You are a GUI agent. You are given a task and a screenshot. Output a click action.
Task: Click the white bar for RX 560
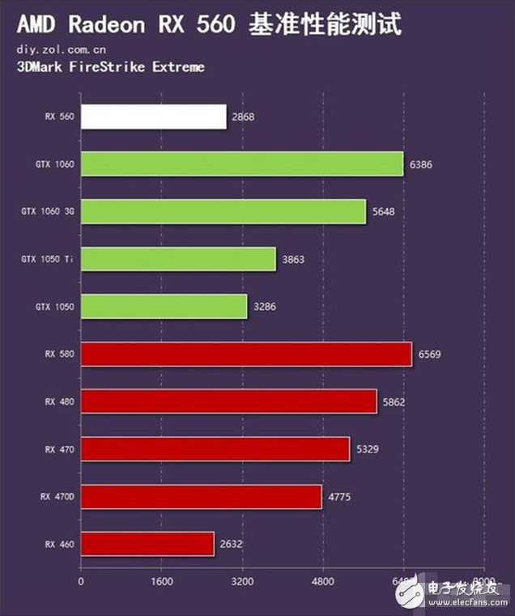click(154, 117)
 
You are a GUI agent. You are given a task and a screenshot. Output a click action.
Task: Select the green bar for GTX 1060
click(242, 164)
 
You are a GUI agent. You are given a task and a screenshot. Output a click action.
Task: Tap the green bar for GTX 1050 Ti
click(178, 259)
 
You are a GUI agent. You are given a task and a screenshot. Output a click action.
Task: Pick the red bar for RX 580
click(246, 354)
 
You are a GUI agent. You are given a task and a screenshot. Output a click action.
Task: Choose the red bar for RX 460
click(147, 544)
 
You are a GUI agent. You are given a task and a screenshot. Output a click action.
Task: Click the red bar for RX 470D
click(202, 496)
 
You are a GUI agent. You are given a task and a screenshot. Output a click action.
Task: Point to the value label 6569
click(430, 354)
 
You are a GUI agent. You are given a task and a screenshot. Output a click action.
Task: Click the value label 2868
click(243, 117)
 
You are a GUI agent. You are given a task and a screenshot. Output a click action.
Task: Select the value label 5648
click(384, 211)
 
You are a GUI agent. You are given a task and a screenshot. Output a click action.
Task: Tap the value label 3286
click(265, 307)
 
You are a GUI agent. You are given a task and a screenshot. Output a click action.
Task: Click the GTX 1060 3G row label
click(48, 211)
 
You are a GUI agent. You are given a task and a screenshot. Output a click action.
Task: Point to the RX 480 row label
click(60, 401)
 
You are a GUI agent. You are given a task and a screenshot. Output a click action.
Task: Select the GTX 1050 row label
click(53, 307)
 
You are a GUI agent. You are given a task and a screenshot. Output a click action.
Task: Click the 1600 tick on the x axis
click(161, 582)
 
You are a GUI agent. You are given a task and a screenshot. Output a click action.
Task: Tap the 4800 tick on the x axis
click(322, 582)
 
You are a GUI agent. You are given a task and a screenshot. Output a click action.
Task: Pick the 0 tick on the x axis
click(81, 582)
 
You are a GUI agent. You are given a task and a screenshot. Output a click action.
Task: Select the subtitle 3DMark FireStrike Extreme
click(110, 66)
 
